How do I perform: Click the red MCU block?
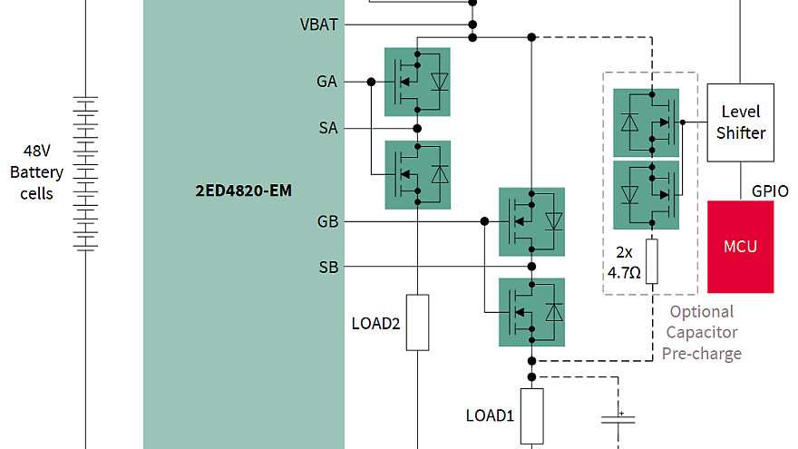pyautogui.click(x=740, y=247)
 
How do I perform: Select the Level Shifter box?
pyautogui.click(x=740, y=122)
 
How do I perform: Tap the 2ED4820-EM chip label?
pyautogui.click(x=244, y=191)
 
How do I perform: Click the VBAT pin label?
pyautogui.click(x=319, y=24)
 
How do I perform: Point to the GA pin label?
pyautogui.click(x=326, y=82)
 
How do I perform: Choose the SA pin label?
pyautogui.click(x=327, y=128)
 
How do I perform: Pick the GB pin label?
pyautogui.click(x=327, y=221)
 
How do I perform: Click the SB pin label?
pyautogui.click(x=327, y=267)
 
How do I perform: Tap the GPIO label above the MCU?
pyautogui.click(x=770, y=191)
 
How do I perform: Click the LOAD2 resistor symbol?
pyautogui.click(x=417, y=322)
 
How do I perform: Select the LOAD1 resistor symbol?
pyautogui.click(x=531, y=415)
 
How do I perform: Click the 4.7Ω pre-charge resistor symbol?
pyautogui.click(x=651, y=262)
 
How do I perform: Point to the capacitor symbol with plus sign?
pyautogui.click(x=618, y=418)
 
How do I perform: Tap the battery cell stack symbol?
pyautogui.click(x=85, y=173)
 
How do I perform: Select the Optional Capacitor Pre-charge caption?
pyautogui.click(x=701, y=332)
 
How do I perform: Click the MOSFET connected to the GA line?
pyautogui.click(x=417, y=82)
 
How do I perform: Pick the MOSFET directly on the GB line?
pyautogui.click(x=531, y=221)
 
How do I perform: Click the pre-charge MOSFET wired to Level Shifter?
pyautogui.click(x=646, y=122)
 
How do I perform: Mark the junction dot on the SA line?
pyautogui.click(x=417, y=128)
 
